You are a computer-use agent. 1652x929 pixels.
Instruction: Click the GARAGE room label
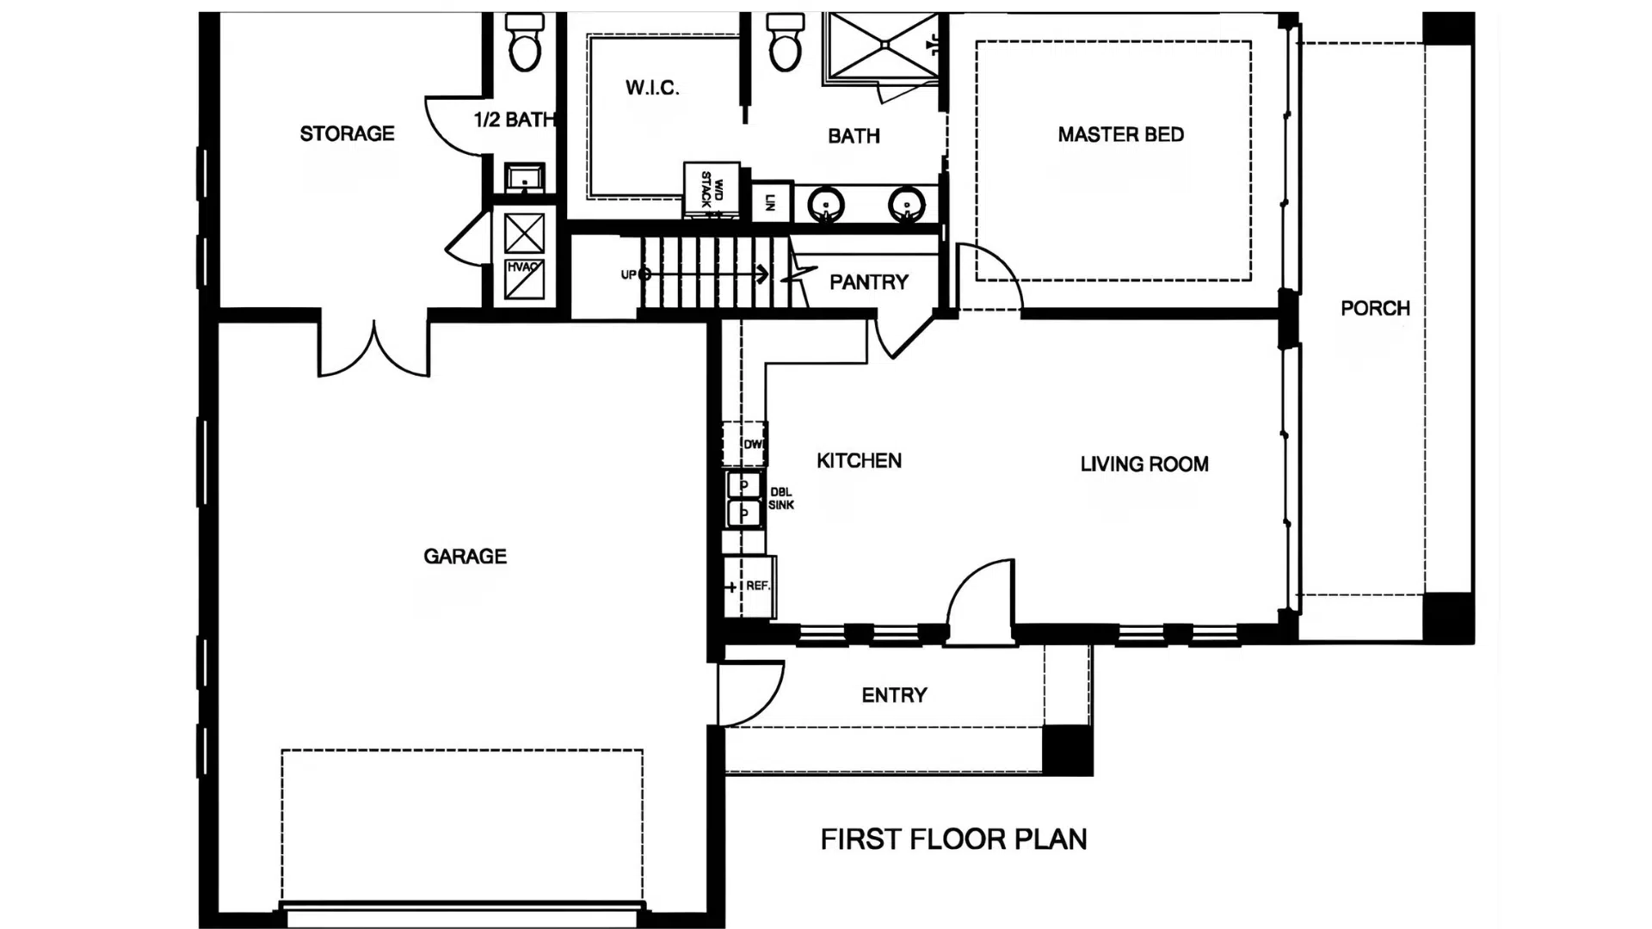tap(465, 557)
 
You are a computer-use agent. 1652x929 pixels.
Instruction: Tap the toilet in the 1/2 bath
tap(525, 43)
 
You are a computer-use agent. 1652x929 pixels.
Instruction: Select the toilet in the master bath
tap(785, 43)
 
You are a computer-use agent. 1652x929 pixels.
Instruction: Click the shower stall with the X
tap(879, 48)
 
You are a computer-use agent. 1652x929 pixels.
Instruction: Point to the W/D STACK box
tap(712, 188)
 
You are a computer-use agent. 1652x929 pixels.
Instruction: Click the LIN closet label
tap(770, 203)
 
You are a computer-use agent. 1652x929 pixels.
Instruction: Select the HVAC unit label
tap(523, 268)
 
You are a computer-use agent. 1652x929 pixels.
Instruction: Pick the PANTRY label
tap(868, 282)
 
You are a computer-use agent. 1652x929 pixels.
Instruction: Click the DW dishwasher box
tap(745, 444)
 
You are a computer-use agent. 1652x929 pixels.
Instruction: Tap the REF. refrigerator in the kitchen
tap(750, 587)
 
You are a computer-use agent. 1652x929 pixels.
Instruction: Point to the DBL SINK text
tap(781, 499)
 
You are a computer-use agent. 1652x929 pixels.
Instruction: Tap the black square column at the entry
tap(1067, 750)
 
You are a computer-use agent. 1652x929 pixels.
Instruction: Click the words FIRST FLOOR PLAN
tap(953, 840)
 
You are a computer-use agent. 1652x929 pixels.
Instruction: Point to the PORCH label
tap(1375, 309)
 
